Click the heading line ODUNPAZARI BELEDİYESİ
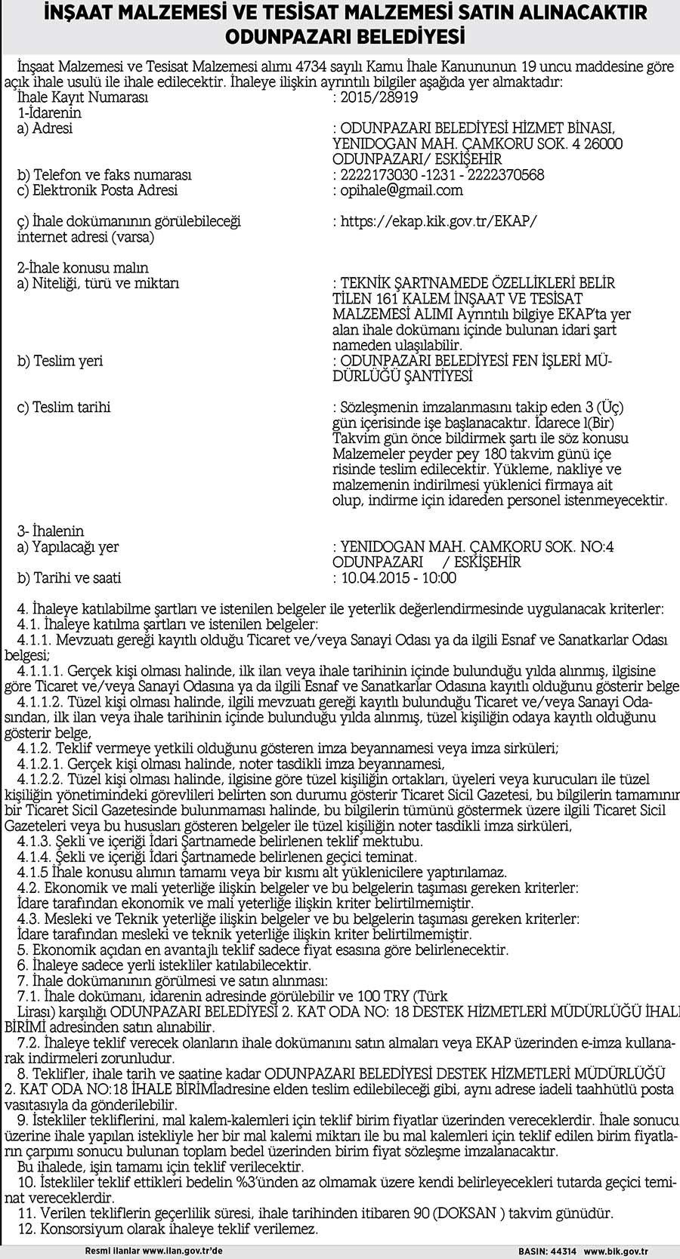point(339,36)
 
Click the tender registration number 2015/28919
point(379,97)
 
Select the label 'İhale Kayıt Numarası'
point(82,97)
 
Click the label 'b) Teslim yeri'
point(60,361)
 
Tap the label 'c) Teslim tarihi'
point(63,408)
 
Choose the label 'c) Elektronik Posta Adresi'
point(97,190)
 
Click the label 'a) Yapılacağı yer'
point(67,547)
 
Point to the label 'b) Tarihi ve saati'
point(69,578)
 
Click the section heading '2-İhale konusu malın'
point(82,268)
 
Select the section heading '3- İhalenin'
point(51,531)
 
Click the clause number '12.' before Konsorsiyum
point(26,1230)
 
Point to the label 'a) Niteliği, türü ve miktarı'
point(98,283)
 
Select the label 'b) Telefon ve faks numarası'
point(104,175)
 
